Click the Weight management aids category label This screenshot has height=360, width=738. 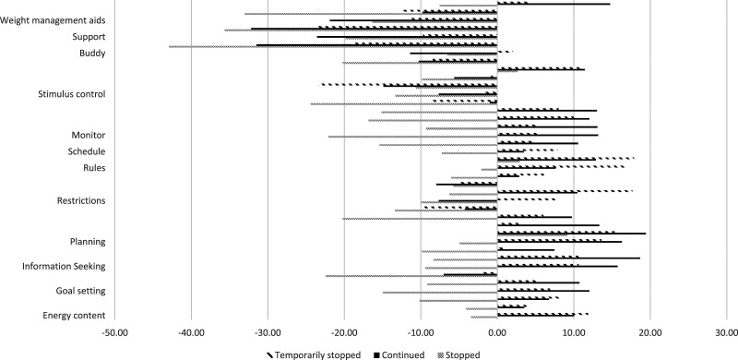click(53, 20)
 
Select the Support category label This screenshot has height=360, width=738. click(89, 37)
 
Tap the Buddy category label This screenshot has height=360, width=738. click(92, 54)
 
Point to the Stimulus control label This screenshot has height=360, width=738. click(72, 94)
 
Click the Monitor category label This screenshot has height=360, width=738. click(88, 136)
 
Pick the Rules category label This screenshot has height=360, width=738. click(94, 168)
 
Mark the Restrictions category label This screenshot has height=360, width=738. click(81, 200)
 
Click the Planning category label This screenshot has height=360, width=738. click(88, 242)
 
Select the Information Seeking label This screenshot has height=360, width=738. click(64, 267)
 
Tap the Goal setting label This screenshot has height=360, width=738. click(80, 291)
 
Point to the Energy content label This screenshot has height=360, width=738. click(74, 316)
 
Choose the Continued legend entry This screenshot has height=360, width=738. click(399, 354)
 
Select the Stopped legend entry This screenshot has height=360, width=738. click(458, 354)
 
